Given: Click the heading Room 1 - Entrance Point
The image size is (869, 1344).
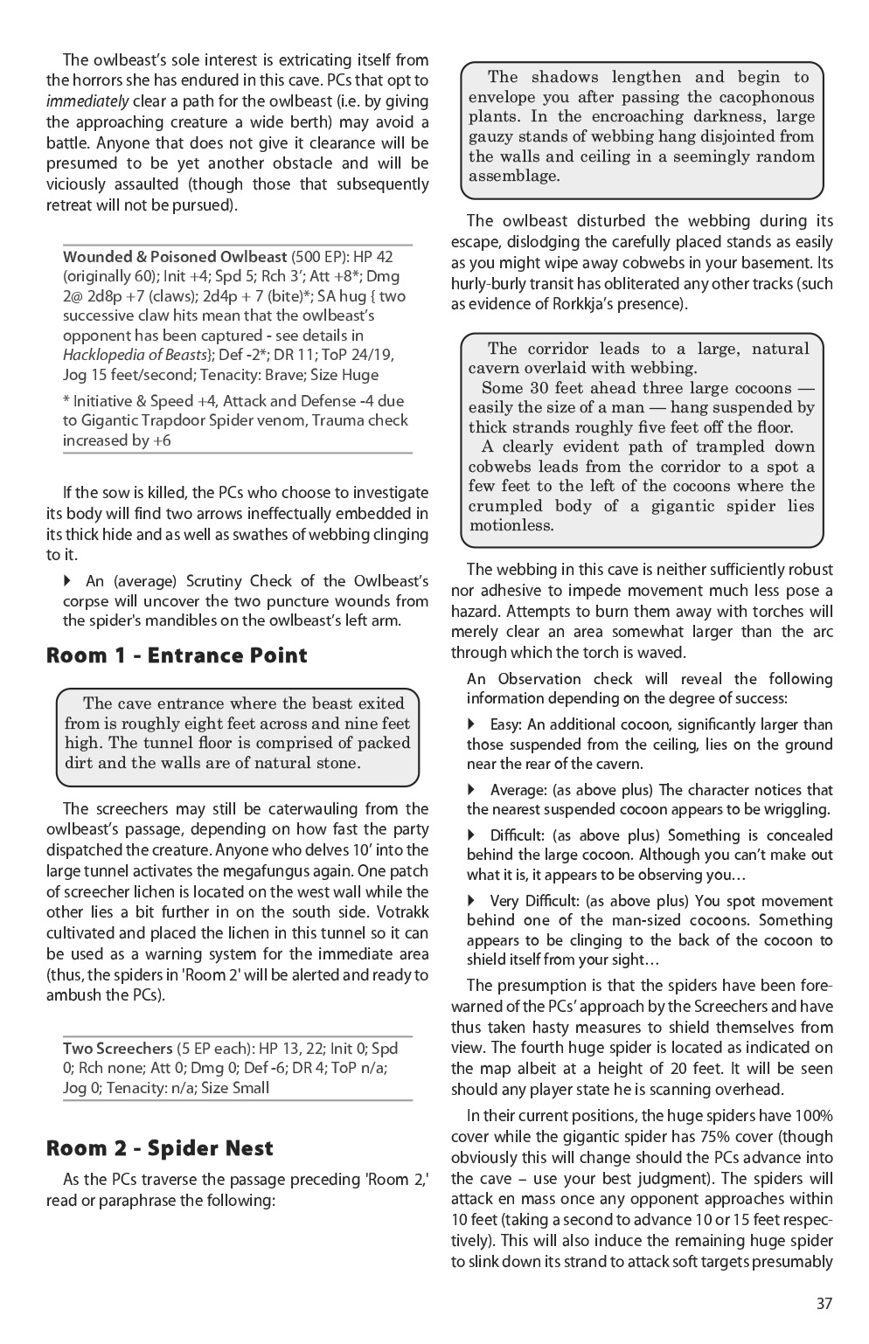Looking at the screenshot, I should [x=177, y=655].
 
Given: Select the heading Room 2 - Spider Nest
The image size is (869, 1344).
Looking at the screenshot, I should [x=160, y=1148].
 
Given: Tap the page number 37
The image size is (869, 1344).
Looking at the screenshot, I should [x=824, y=1303].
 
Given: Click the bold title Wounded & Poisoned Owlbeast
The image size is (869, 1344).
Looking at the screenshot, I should [x=175, y=257].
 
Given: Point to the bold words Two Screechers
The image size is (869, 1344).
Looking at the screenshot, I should [x=117, y=1048].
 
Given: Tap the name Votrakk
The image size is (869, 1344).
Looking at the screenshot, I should [x=397, y=912].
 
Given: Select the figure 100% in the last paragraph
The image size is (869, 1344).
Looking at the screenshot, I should [x=812, y=1116].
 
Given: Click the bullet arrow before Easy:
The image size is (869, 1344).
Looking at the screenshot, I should [x=473, y=724].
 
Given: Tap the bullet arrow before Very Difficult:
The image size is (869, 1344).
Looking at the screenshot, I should [x=473, y=901].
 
